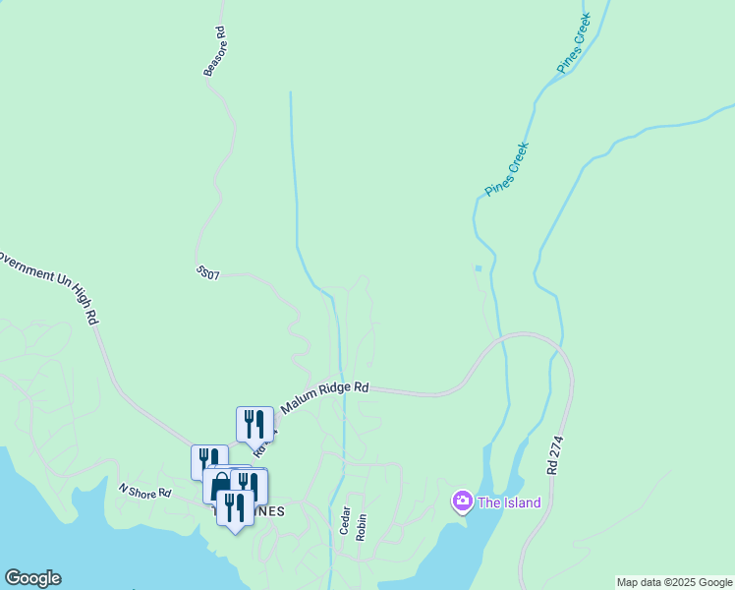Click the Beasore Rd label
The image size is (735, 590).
[215, 52]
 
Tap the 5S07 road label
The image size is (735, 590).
[206, 271]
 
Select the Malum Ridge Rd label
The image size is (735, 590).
[324, 396]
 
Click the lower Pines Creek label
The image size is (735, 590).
[507, 169]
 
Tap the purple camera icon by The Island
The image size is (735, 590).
[462, 502]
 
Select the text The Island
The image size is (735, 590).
[509, 503]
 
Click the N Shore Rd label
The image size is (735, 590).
[144, 490]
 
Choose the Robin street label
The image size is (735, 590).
[362, 527]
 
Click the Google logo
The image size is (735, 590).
[32, 578]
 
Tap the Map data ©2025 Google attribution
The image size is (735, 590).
[674, 582]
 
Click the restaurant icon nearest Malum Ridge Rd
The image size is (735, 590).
[254, 424]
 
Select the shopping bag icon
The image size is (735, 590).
[220, 485]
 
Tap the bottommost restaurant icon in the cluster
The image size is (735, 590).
[235, 507]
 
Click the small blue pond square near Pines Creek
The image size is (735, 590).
[479, 267]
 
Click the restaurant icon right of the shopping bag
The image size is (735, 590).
[249, 485]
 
